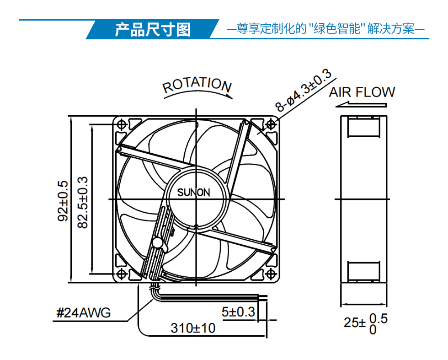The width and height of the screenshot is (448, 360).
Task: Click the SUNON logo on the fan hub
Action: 194,193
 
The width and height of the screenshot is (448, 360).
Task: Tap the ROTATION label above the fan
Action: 197,85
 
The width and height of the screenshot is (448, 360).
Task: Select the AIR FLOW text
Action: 362,92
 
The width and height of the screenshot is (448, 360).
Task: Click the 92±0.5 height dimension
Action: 63,201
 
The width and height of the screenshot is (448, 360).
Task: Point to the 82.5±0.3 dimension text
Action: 83,203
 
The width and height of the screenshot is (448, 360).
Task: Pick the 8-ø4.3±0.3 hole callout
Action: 303,90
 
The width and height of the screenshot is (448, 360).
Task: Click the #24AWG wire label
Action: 83,312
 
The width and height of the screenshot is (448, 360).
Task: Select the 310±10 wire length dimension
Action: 193,328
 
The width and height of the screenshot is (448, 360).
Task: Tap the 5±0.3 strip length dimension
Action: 238,312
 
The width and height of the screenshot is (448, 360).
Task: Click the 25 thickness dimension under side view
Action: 365,324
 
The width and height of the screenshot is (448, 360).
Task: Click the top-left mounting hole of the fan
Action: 122,125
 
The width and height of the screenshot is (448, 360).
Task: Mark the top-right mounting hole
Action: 271,125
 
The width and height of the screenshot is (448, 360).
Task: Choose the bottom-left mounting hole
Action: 122,274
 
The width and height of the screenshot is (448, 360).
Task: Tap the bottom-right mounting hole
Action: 271,274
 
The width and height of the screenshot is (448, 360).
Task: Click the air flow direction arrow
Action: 361,105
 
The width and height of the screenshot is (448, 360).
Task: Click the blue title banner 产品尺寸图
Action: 153,29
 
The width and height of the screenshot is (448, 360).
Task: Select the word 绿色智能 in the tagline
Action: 337,29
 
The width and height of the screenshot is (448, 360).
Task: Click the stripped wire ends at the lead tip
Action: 263,298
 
